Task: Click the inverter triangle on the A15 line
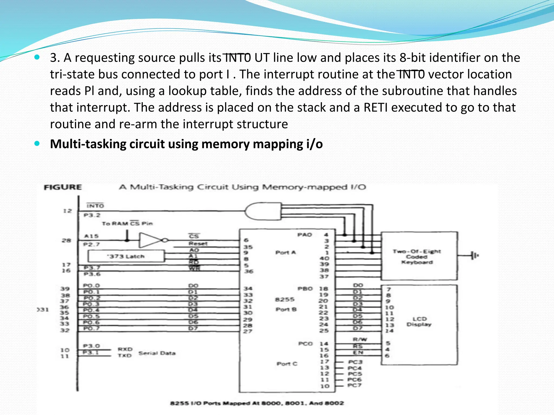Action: (149, 240)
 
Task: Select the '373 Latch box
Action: (126, 256)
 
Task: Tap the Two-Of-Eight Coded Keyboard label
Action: (417, 257)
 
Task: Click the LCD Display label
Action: (419, 322)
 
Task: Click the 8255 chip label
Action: (285, 299)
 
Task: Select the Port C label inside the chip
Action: (287, 364)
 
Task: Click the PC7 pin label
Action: (354, 385)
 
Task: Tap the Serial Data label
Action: (157, 353)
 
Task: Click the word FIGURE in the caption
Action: (63, 187)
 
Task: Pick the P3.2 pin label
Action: (92, 215)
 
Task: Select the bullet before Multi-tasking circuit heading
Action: (37, 143)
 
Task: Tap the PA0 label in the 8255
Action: (305, 235)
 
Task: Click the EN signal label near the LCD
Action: (358, 352)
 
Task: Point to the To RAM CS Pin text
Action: (127, 223)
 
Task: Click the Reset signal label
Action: (198, 243)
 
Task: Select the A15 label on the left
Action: (91, 236)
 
